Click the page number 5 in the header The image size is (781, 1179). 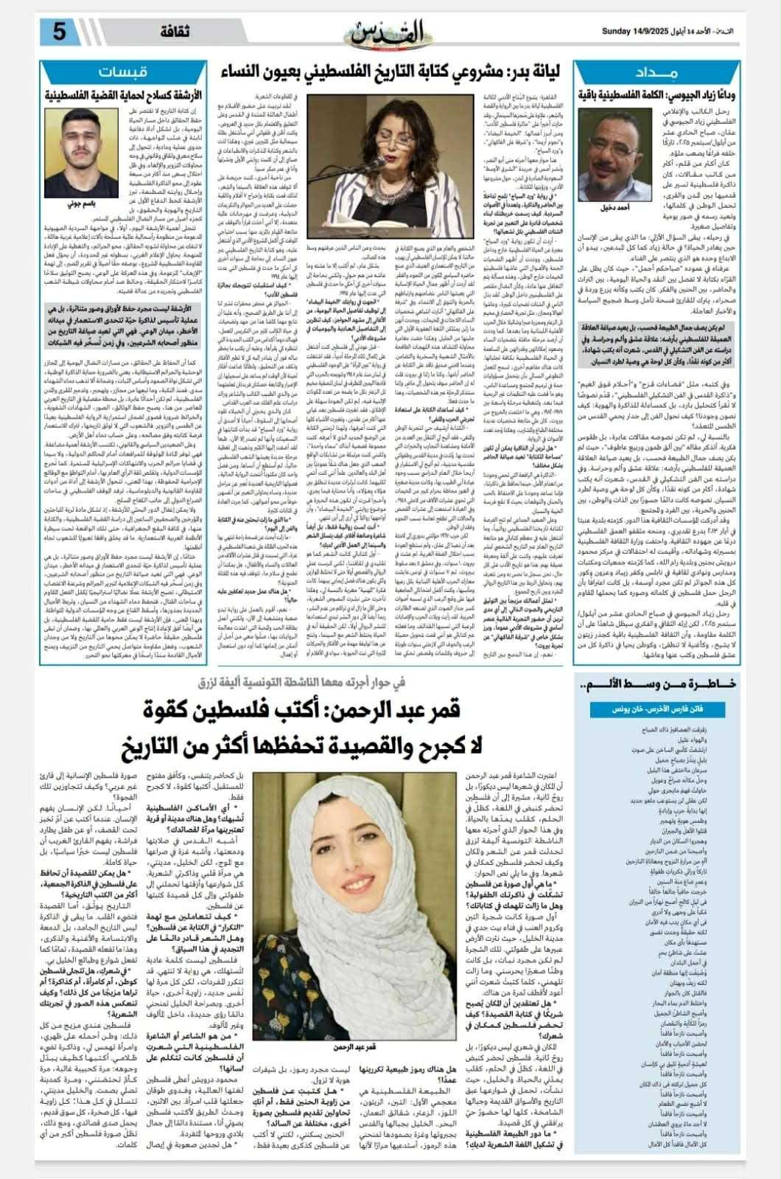tap(59, 32)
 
